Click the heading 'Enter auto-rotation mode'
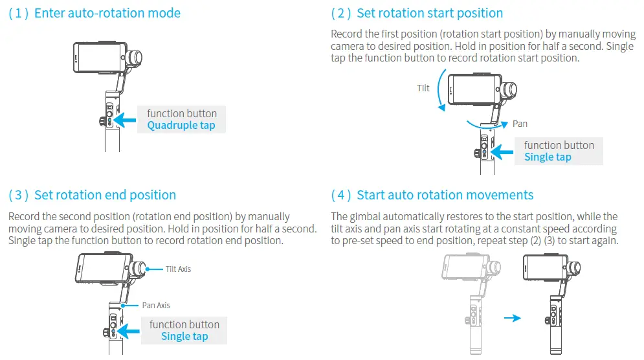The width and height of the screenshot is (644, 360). point(107,13)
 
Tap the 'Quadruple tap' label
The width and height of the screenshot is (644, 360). point(181,125)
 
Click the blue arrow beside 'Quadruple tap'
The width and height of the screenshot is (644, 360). point(125,119)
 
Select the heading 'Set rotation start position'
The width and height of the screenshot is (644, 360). point(430,13)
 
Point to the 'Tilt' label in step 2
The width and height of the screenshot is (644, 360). point(423,88)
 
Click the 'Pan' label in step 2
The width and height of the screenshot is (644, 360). point(520,123)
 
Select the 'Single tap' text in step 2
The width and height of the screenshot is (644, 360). point(548,157)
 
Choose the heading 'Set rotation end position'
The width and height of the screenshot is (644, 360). point(105,195)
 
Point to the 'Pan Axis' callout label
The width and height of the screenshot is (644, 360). point(156,305)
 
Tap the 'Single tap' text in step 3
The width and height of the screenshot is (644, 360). point(184,336)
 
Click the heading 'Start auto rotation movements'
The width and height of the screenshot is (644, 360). point(445,195)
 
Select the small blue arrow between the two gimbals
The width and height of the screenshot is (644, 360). point(512,318)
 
